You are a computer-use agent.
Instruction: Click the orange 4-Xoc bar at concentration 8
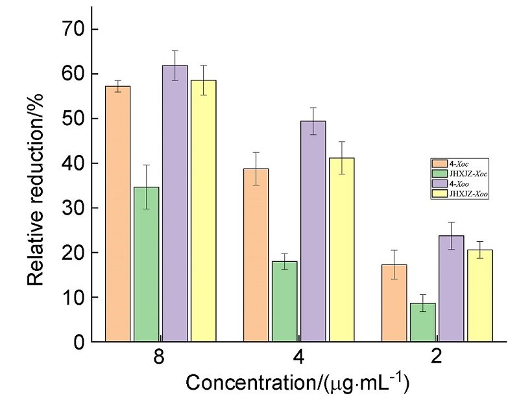(x=117, y=214)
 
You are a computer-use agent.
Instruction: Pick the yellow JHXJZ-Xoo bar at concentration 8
(x=203, y=211)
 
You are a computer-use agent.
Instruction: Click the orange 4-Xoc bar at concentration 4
(x=256, y=255)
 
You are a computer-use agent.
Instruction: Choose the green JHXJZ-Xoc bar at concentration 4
(x=285, y=301)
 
